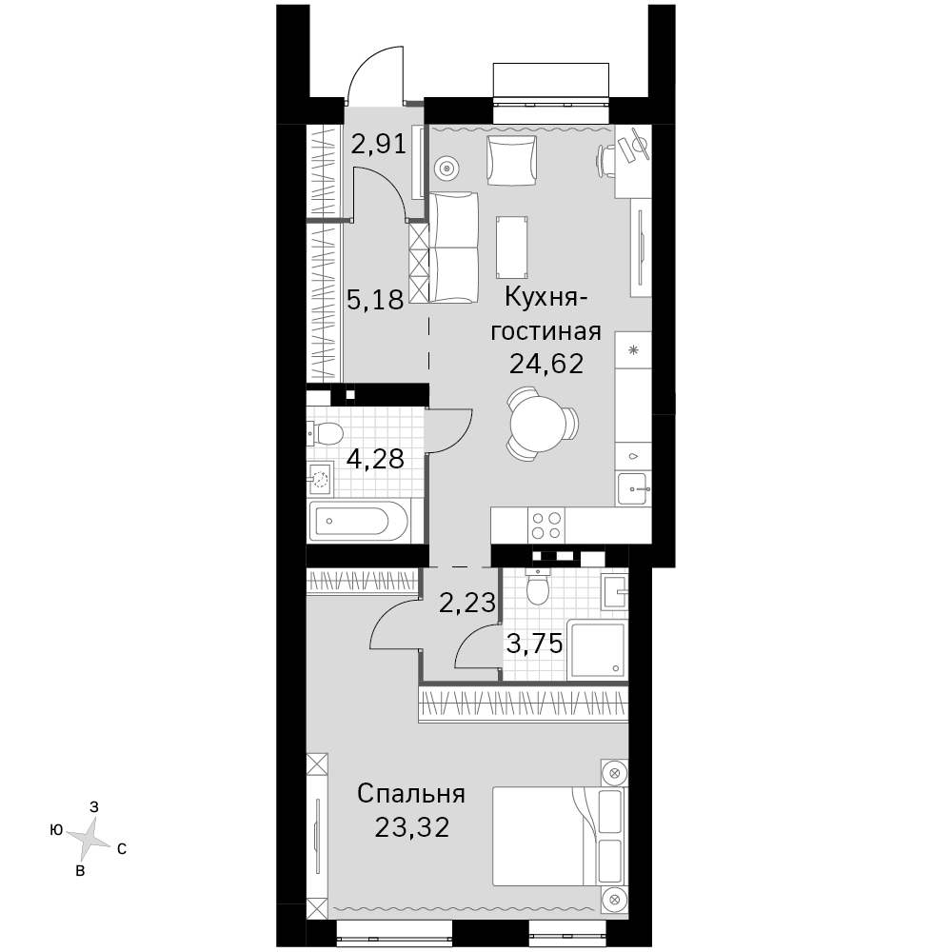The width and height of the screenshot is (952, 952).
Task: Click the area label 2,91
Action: click(379, 144)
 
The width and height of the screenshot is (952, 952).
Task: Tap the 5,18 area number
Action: click(375, 299)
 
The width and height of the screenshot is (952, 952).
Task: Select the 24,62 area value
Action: click(546, 364)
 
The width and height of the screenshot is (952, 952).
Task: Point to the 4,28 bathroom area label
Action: click(375, 459)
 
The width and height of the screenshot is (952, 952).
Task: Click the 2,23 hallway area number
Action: click(467, 603)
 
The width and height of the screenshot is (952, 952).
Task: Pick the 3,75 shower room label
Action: click(535, 644)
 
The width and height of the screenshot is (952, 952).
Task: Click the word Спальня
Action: click(411, 794)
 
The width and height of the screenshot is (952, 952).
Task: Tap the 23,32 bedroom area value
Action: click(412, 827)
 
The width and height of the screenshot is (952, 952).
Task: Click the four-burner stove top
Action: click(546, 526)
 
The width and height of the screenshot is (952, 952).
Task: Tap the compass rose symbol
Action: click(88, 840)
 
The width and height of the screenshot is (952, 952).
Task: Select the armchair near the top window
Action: click(512, 160)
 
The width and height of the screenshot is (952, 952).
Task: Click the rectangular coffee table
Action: click(512, 247)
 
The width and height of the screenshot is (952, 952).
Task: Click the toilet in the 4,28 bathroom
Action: click(326, 433)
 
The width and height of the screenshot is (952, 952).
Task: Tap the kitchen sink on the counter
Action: click(634, 488)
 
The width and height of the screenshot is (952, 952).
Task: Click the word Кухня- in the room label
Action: click(546, 299)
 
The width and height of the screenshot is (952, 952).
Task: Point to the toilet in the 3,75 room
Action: click(537, 585)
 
